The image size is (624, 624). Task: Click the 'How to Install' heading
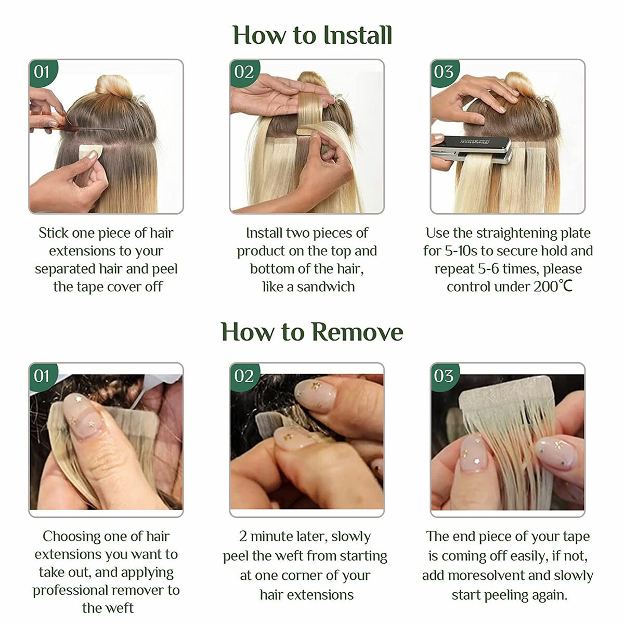click(312, 35)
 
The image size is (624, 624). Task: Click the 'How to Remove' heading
click(312, 332)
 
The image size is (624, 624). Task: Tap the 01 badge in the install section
click(42, 72)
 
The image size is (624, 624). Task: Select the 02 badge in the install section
click(243, 72)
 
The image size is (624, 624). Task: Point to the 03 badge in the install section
click(444, 72)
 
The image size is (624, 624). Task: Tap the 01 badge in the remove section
click(42, 376)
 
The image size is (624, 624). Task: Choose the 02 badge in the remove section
click(243, 376)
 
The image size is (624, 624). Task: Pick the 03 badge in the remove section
click(444, 376)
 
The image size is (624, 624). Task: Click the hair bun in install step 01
click(114, 86)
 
